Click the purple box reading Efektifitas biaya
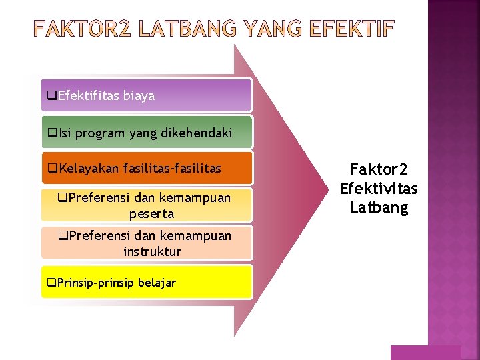[147, 95]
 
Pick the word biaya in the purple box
[139, 95]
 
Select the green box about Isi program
[147, 133]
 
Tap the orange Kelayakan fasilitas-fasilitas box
[147, 169]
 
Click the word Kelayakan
[89, 169]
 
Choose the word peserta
[151, 214]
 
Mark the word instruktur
[152, 251]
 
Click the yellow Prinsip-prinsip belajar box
[147, 282]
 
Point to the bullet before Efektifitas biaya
[52, 96]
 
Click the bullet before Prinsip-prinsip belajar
[52, 283]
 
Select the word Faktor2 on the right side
[378, 170]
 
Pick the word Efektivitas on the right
[378, 189]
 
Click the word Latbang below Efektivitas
[378, 207]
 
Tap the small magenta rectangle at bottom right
[425, 352]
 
